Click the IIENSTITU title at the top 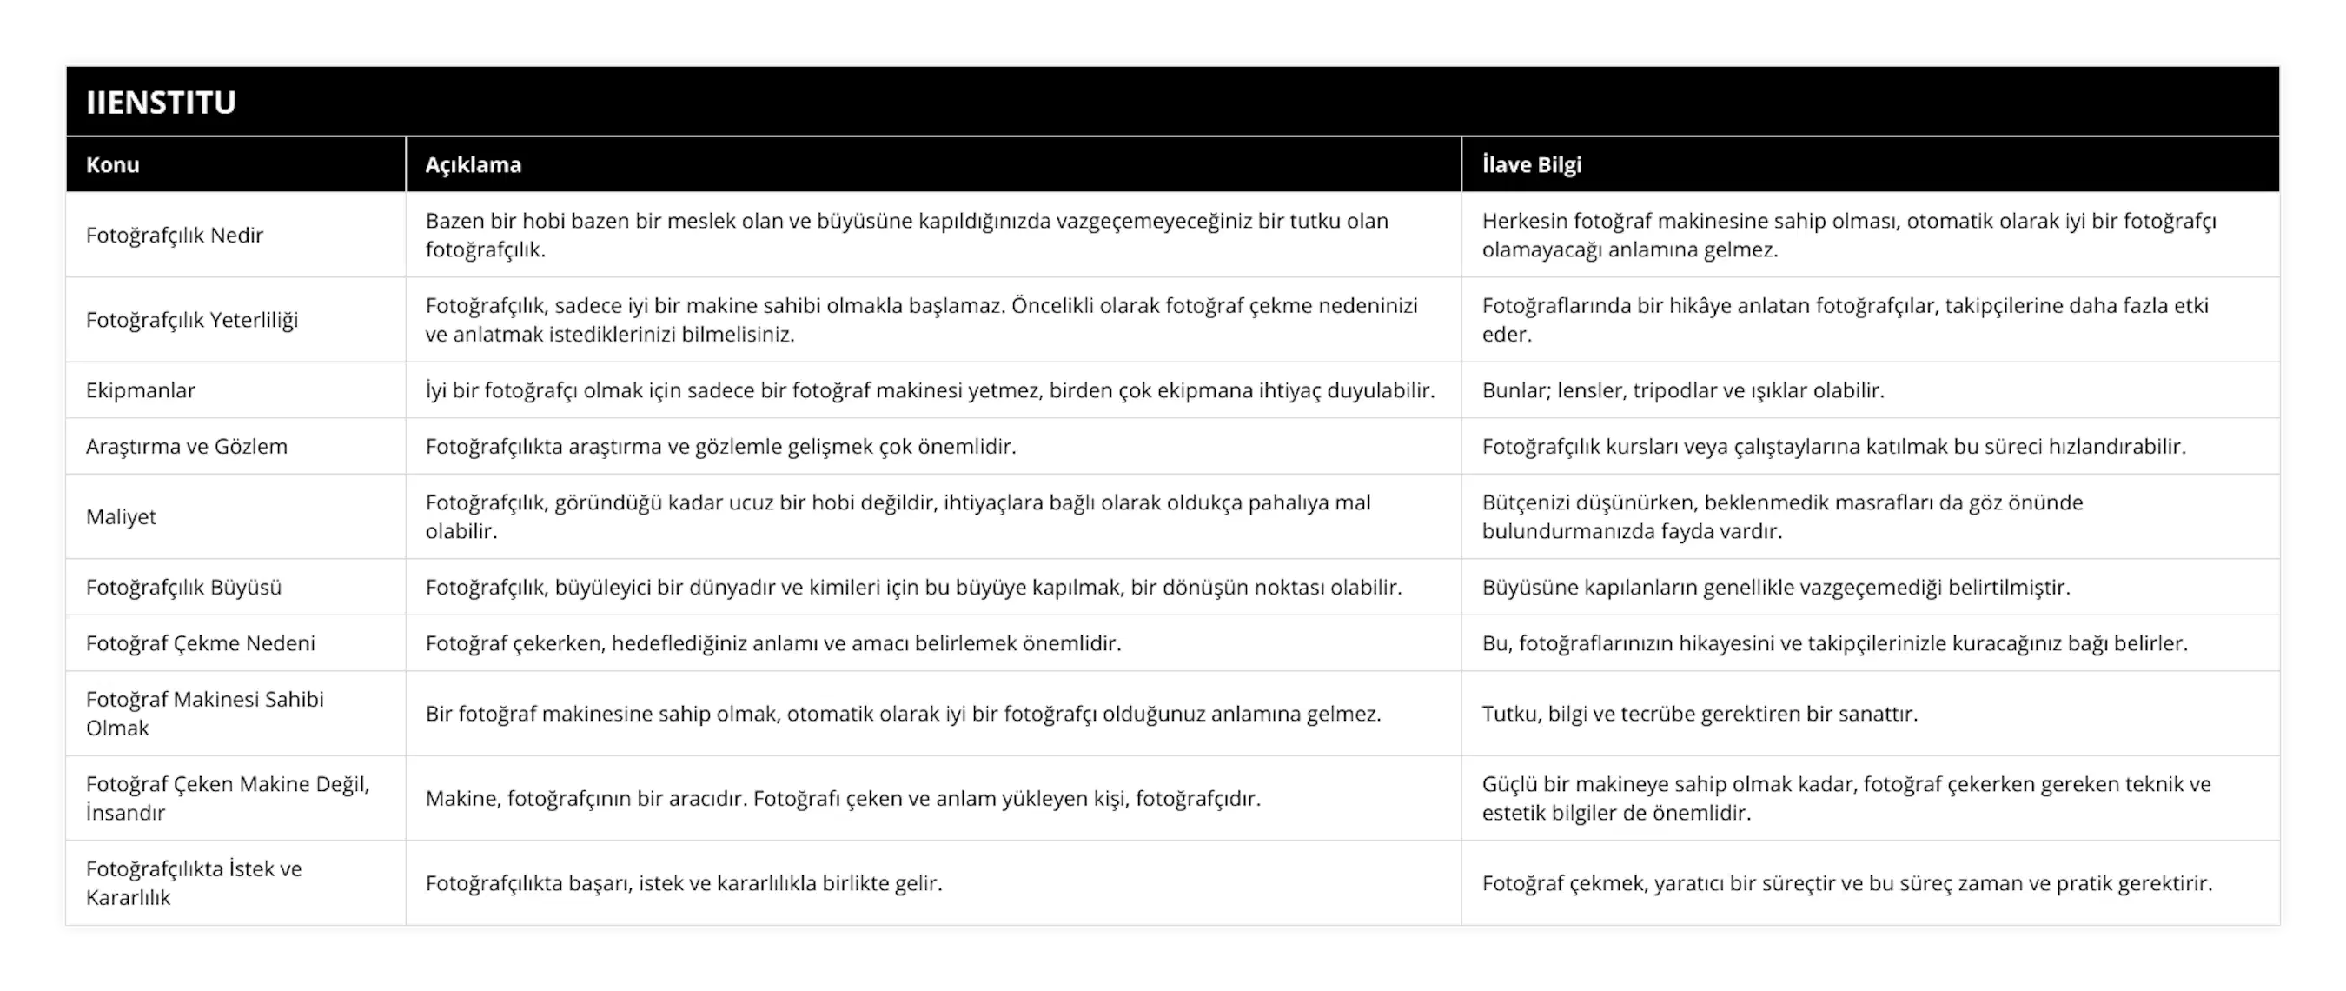[162, 102]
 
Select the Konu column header [113, 165]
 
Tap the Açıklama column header [474, 165]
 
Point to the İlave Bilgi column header [1532, 165]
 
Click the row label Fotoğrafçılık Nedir [175, 235]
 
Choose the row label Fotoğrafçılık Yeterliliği [192, 320]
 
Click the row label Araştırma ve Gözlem [187, 446]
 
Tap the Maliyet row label [121, 516]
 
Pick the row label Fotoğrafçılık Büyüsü [184, 588]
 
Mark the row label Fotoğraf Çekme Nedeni [201, 643]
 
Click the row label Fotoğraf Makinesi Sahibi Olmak [205, 713]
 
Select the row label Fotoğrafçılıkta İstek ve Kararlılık [194, 882]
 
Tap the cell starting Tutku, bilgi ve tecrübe [1700, 713]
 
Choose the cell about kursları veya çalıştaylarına [1833, 446]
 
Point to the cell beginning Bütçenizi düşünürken [1782, 516]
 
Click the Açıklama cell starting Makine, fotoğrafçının [843, 799]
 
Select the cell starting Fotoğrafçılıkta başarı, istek [684, 882]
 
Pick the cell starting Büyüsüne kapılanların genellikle [1776, 588]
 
